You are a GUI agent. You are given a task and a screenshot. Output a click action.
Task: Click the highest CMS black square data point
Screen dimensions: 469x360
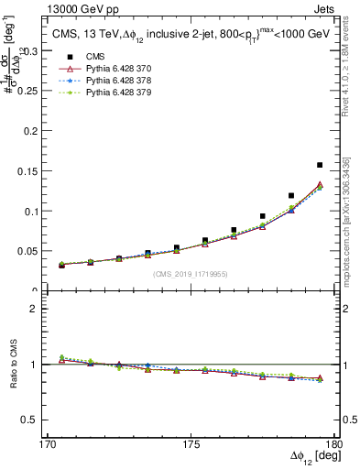(320, 165)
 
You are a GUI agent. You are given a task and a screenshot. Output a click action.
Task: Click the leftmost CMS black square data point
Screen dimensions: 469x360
(61, 264)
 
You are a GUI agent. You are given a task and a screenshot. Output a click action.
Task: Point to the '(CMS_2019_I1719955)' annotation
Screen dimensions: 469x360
(191, 274)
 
